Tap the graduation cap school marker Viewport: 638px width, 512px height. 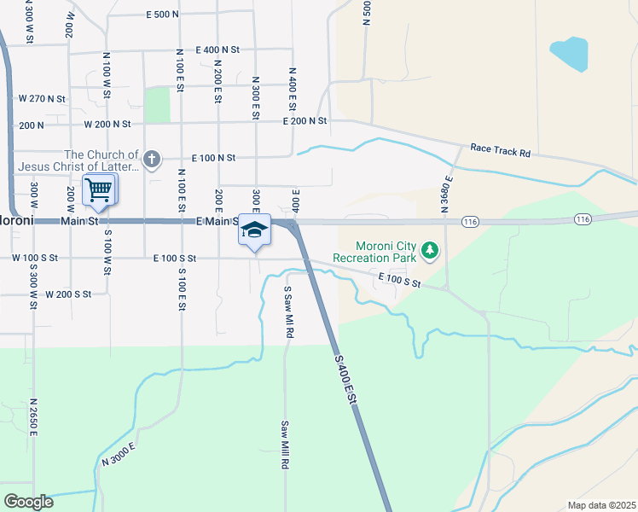(255, 230)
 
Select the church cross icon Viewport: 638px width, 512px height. (151, 159)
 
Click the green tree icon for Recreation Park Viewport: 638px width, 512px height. (431, 251)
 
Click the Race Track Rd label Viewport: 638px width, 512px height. (501, 151)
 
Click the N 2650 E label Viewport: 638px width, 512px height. (34, 416)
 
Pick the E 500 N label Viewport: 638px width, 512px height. (162, 15)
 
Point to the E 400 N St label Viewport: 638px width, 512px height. (217, 50)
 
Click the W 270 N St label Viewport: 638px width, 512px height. (42, 99)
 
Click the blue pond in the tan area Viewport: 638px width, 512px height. (569, 54)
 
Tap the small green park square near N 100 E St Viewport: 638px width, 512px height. (157, 104)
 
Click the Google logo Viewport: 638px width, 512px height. (28, 501)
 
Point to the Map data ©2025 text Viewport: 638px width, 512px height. (600, 504)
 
